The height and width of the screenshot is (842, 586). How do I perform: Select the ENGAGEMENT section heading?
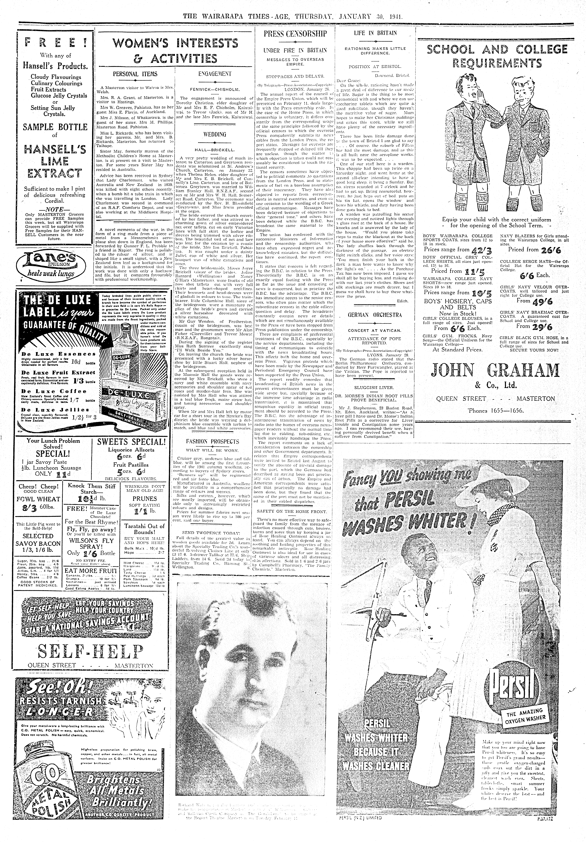click(215, 74)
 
